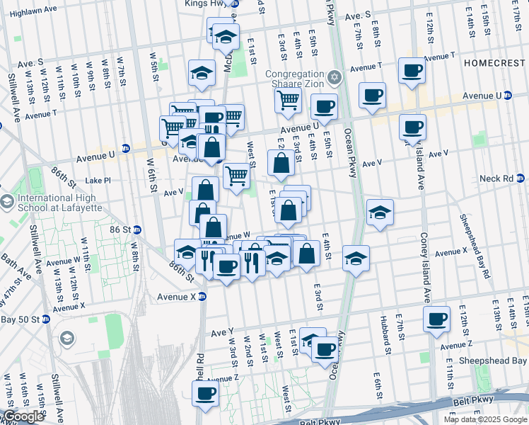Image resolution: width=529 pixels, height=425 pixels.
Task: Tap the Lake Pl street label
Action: [x=98, y=181]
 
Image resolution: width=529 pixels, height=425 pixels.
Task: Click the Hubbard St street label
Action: [x=384, y=335]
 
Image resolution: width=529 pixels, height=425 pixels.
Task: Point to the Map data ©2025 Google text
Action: [x=485, y=419]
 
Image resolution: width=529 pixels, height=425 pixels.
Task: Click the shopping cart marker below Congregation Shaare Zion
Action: [x=287, y=101]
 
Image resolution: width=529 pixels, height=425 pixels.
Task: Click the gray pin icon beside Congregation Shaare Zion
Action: [x=335, y=76]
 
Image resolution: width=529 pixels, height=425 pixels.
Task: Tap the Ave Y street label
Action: [x=221, y=331]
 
